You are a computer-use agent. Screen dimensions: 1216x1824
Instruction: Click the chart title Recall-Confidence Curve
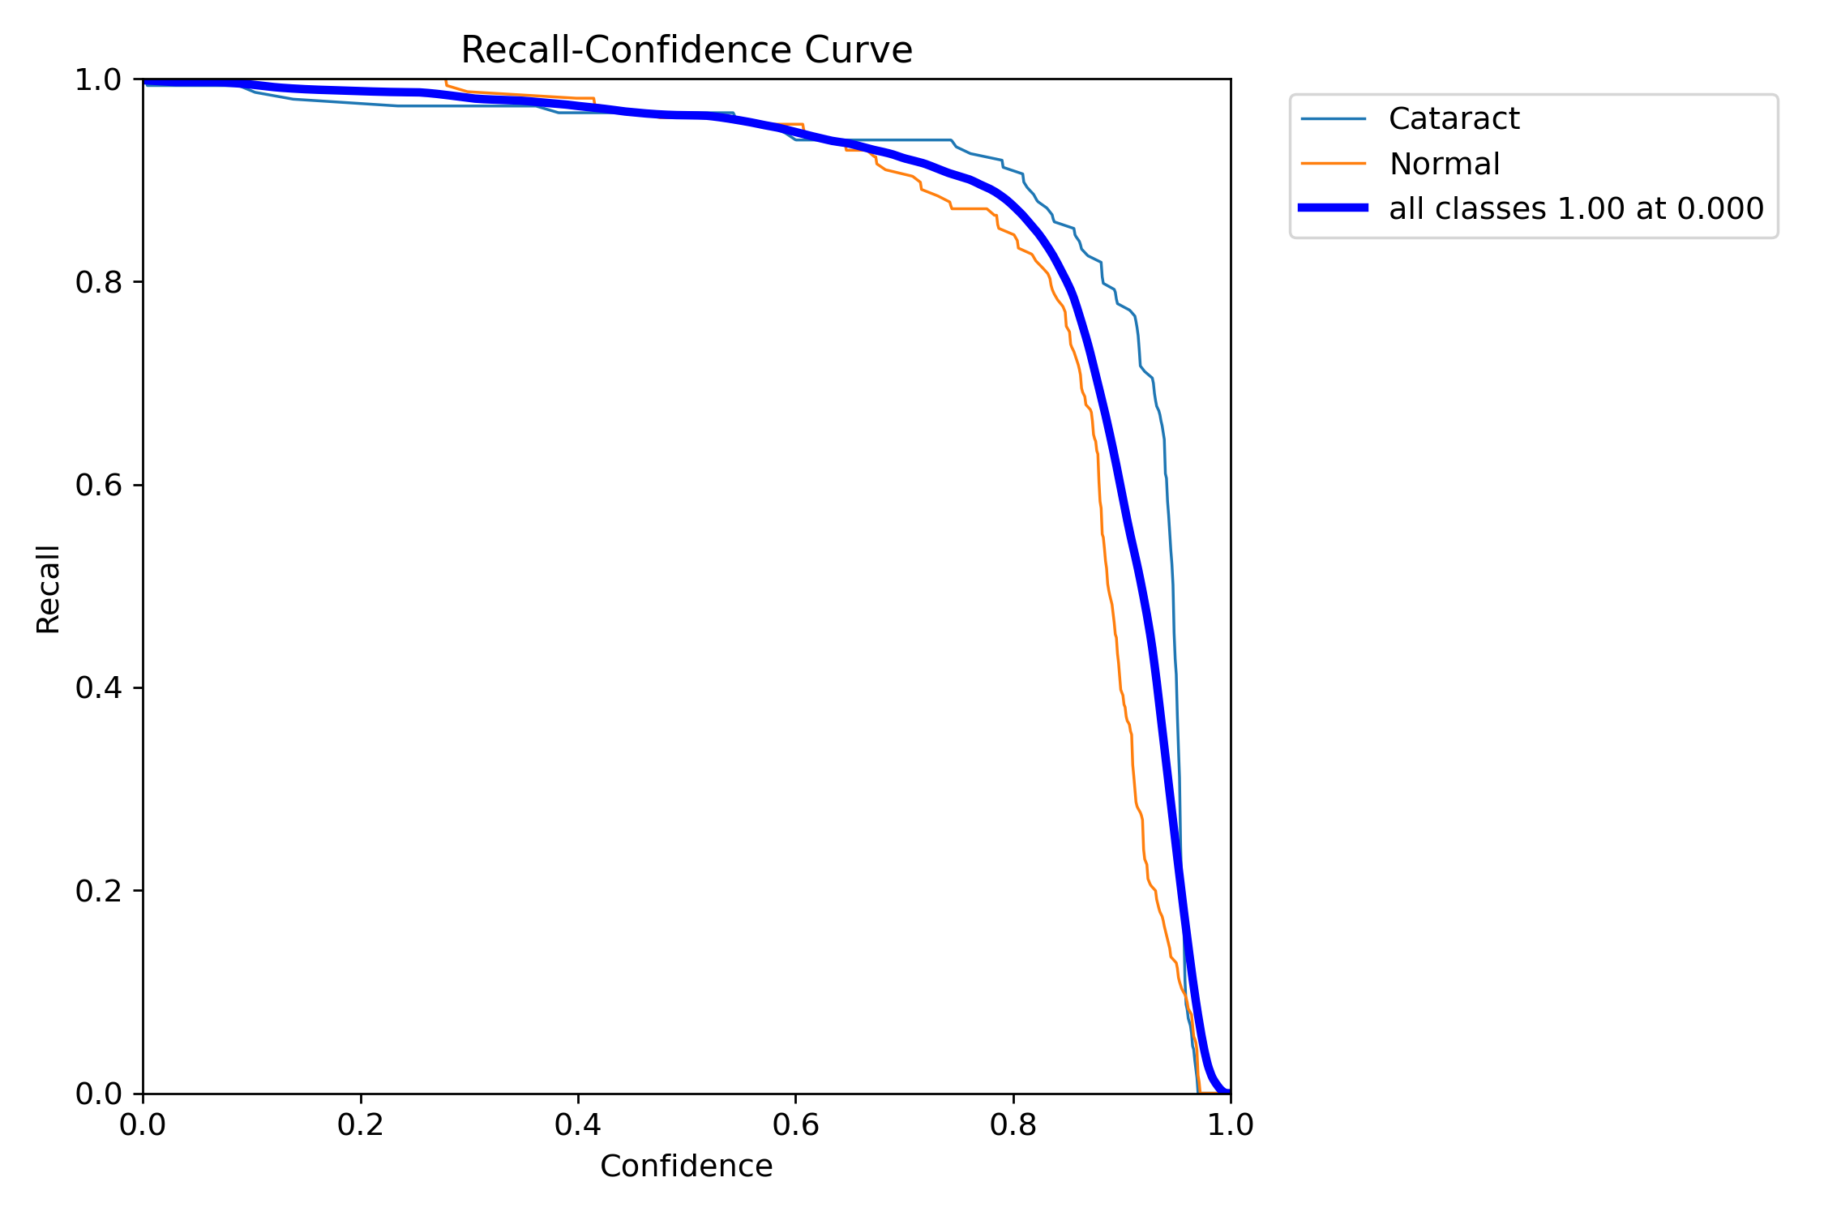pos(687,50)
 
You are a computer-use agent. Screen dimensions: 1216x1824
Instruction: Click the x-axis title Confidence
pos(686,1167)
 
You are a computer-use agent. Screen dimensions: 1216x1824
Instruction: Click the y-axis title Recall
pos(49,589)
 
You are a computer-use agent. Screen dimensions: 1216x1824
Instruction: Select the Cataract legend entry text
pos(1454,119)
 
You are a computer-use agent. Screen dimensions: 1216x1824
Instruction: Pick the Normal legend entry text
pos(1444,164)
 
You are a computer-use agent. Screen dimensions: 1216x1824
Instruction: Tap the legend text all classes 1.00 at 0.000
pos(1576,209)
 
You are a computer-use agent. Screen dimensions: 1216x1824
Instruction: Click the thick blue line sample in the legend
pos(1334,208)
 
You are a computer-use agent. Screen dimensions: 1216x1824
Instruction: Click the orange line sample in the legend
pos(1334,164)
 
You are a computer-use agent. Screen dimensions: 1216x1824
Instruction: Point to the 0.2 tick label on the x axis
pos(361,1125)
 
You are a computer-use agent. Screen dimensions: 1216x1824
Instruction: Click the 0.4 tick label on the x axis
pos(578,1125)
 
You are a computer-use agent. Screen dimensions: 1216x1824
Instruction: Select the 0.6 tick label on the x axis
pos(795,1125)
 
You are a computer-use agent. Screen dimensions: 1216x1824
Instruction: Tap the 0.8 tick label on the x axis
pos(1013,1125)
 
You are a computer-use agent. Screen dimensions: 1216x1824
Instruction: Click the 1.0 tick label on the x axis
pos(1231,1125)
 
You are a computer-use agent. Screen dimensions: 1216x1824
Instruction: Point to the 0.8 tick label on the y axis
pos(98,282)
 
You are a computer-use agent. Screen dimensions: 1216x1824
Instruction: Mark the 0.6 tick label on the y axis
pos(98,485)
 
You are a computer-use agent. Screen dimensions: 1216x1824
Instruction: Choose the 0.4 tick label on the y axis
pos(98,688)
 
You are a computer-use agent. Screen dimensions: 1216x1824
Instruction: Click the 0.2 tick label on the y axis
pos(98,891)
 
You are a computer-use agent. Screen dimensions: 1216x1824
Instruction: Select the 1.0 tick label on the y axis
pos(98,79)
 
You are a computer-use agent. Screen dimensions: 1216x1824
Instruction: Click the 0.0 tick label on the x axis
pos(143,1125)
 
